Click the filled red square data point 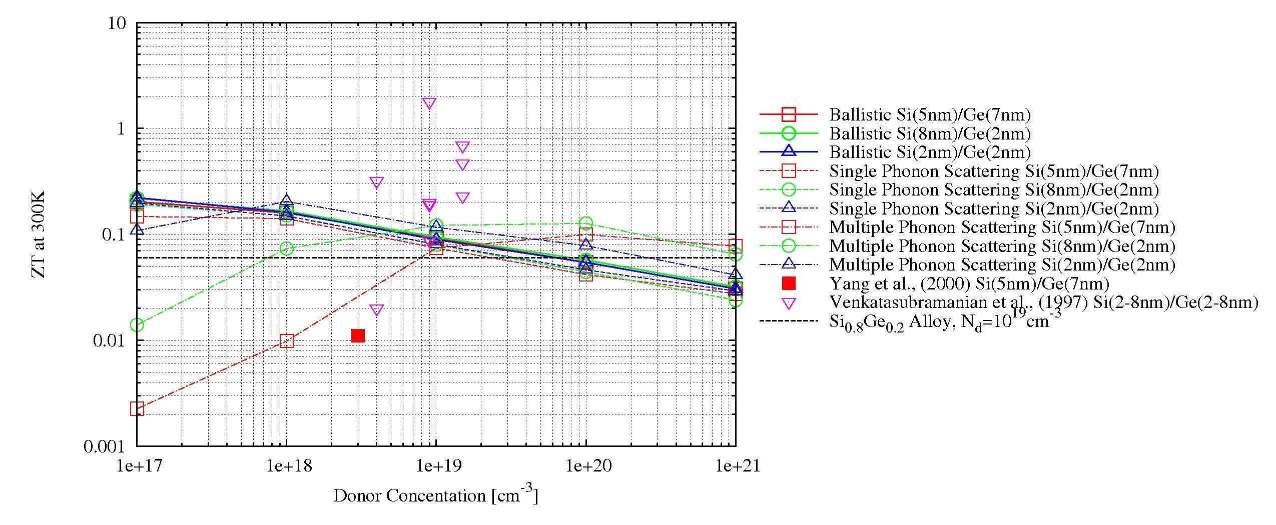click(358, 335)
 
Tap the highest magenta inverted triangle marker click(429, 103)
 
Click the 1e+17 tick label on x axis click(137, 466)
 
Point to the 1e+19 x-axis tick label click(436, 466)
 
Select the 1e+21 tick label click(735, 466)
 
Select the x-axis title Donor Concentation click(435, 495)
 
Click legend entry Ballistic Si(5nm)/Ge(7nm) click(930, 115)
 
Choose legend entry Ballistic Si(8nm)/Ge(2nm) click(930, 133)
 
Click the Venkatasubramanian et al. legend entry click(1043, 302)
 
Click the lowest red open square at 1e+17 click(137, 409)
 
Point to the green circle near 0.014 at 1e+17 click(137, 325)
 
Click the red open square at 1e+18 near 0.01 click(286, 341)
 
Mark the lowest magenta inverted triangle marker click(377, 310)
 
